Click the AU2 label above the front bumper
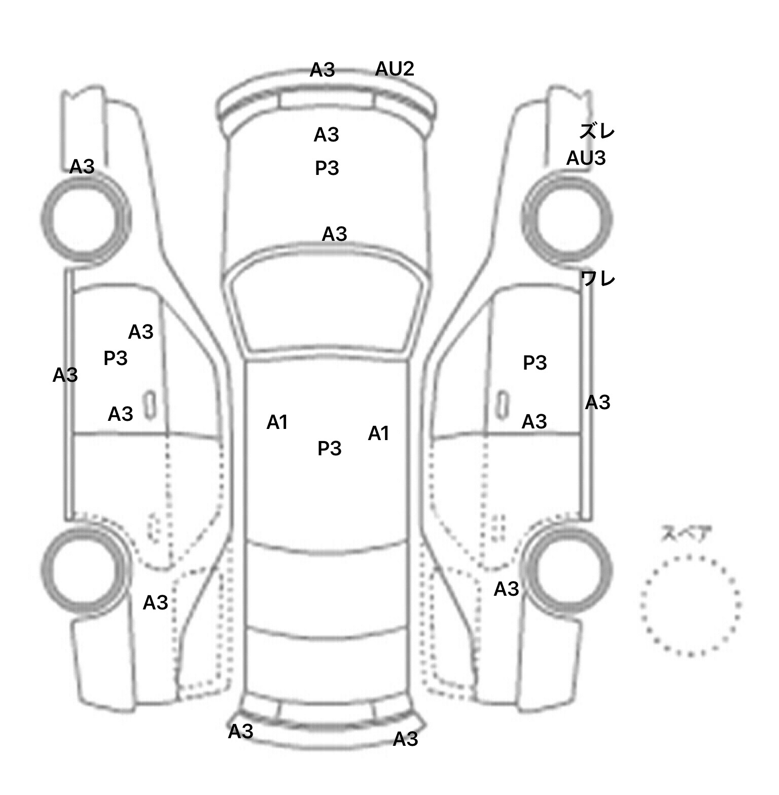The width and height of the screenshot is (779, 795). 395,69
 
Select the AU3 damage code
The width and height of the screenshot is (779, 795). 586,158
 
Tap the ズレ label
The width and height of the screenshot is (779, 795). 597,132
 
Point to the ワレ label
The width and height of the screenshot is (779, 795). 598,278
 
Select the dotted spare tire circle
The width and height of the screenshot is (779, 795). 690,605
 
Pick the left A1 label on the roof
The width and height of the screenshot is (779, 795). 277,422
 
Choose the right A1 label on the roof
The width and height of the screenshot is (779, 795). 378,433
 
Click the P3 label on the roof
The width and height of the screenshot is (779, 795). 329,448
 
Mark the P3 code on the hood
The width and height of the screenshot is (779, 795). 327,168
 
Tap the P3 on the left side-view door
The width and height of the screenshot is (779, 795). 115,358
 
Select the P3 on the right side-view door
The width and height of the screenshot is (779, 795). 535,363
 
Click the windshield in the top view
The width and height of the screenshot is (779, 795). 327,309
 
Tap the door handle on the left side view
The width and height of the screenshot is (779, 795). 150,405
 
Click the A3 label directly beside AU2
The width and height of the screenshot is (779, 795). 323,70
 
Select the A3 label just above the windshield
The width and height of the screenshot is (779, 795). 334,234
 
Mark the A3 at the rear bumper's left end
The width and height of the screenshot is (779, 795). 240,732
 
